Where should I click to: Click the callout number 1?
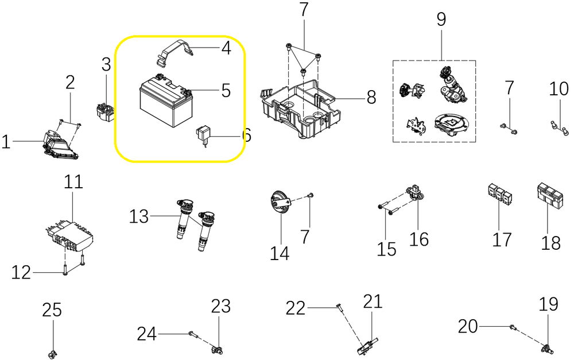coord(6,141)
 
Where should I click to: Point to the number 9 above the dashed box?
coord(441,20)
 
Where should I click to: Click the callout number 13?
coord(139,216)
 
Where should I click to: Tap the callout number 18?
coord(550,243)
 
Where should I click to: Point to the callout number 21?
coord(372,301)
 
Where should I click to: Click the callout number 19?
coord(549,304)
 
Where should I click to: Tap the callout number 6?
coord(246,136)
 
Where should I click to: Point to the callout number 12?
coord(21,273)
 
